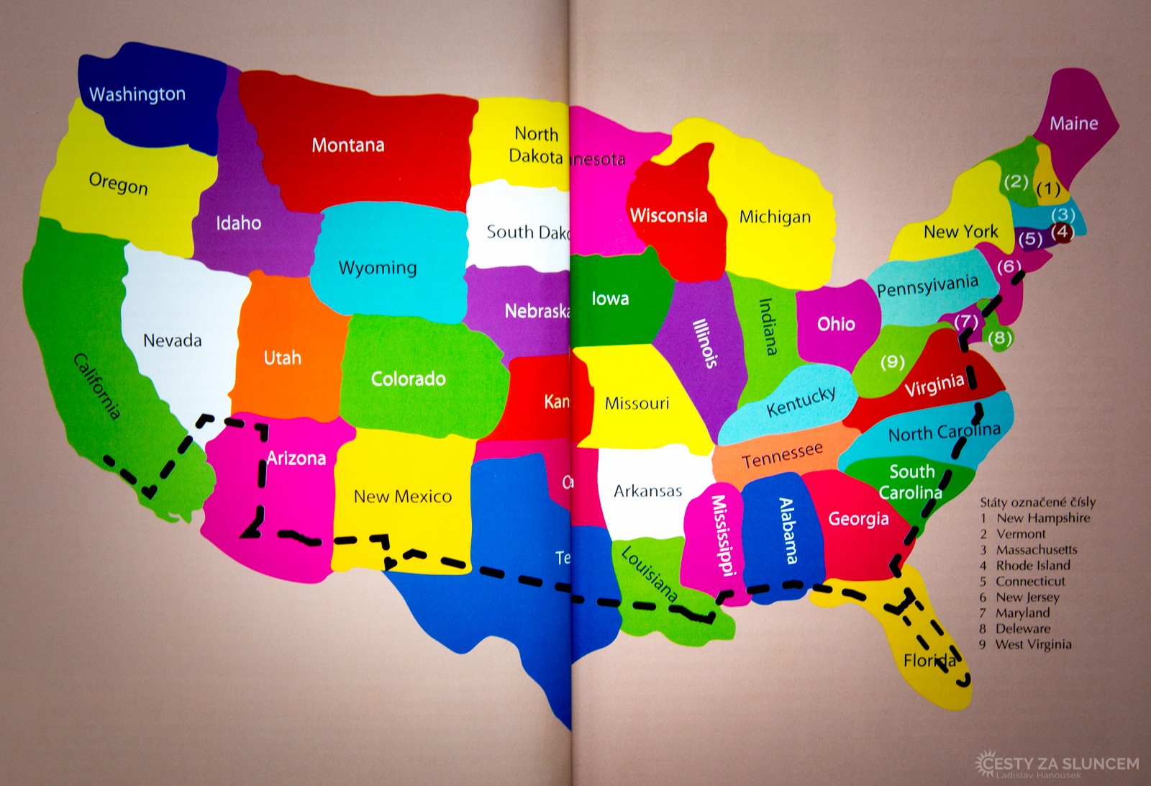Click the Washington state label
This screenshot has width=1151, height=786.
(x=137, y=94)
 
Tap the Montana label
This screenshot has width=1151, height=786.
(x=347, y=145)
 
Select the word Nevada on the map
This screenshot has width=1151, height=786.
(x=172, y=340)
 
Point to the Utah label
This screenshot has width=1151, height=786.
(x=282, y=358)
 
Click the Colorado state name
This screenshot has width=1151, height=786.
(x=408, y=379)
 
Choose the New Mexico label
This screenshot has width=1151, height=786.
(x=402, y=496)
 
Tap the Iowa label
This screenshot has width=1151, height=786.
(x=610, y=299)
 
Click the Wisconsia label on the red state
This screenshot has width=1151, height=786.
(x=668, y=215)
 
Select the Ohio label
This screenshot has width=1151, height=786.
(x=836, y=324)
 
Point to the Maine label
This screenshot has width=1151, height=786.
(x=1073, y=124)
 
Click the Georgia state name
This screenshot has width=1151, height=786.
(x=858, y=519)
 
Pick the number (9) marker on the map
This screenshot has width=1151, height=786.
(x=892, y=362)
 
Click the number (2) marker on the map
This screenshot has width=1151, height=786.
(x=1016, y=181)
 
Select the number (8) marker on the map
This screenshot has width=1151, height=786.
(x=1000, y=337)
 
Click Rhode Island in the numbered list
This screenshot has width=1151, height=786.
(x=1032, y=566)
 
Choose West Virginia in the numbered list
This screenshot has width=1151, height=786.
(x=1033, y=645)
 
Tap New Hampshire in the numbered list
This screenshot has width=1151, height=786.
(x=1042, y=518)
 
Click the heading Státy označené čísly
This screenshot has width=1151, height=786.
(x=1037, y=502)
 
